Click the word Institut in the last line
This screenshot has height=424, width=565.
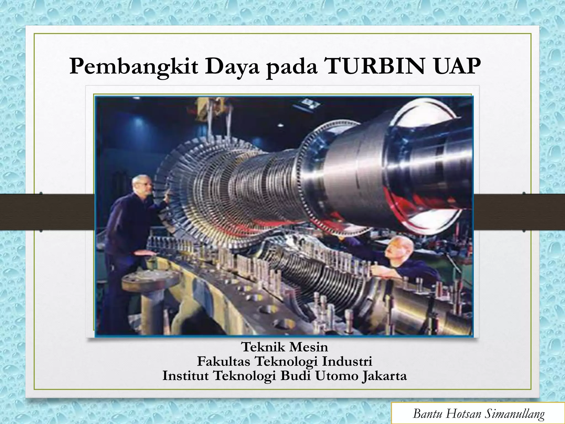185,376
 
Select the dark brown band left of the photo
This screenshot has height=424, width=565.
47,212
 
